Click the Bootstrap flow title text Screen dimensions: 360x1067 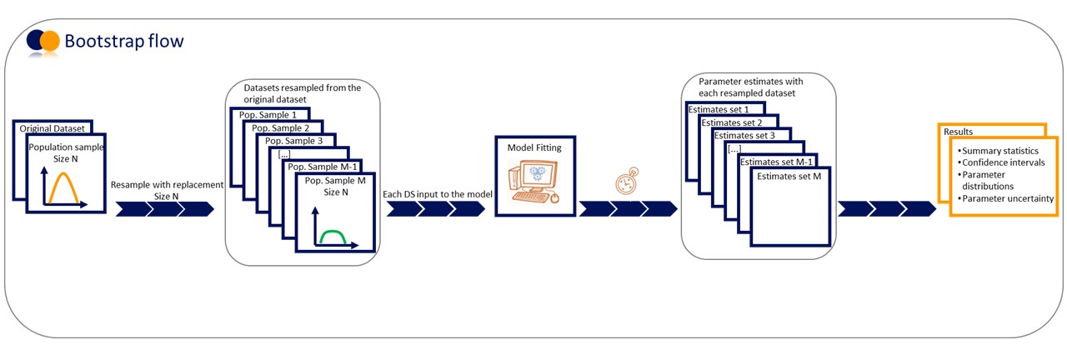coord(124,40)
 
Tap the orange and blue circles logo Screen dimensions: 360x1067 coord(43,40)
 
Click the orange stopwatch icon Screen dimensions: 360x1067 coord(626,184)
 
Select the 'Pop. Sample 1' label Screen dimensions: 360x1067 coord(269,113)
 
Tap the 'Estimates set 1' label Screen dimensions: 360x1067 coord(718,109)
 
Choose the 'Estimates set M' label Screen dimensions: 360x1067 coord(789,176)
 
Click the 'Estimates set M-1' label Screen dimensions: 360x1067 coord(776,162)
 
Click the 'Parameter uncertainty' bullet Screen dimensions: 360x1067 coord(1007,198)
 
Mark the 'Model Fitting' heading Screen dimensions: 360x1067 coord(534,147)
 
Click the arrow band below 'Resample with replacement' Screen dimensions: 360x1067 coord(164,208)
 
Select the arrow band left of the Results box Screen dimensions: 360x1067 coord(886,208)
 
